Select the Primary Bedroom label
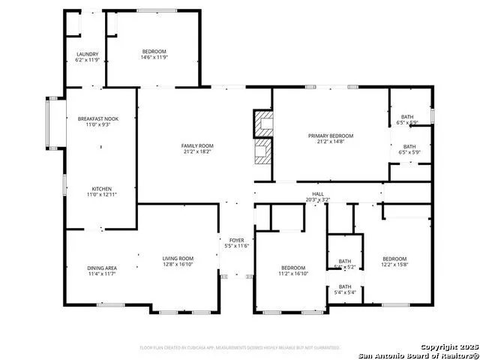[x=331, y=136]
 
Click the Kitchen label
[x=103, y=188]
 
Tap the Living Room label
[x=178, y=259]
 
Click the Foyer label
[x=235, y=239]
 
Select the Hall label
[x=318, y=193]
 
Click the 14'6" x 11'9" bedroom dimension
[x=154, y=57]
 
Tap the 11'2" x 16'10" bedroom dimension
[x=293, y=274]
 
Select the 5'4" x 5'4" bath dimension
[x=345, y=293]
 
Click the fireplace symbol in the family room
[x=262, y=136]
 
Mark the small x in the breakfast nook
[x=101, y=146]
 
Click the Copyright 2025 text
[x=448, y=348]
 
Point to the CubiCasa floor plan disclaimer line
[x=239, y=347]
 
